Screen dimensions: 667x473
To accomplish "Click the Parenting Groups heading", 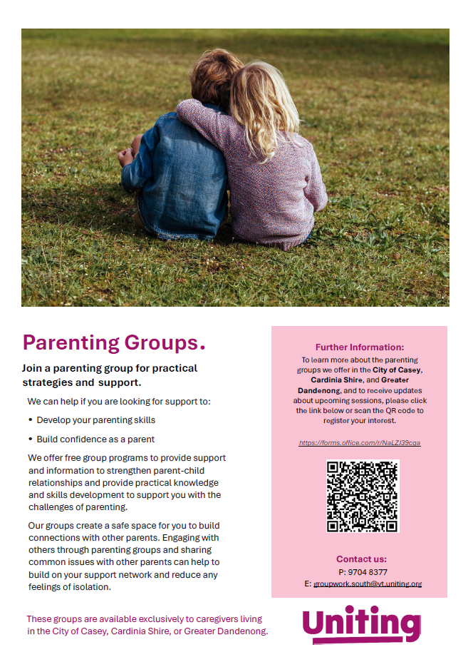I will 114,343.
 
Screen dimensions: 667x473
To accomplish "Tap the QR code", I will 362,496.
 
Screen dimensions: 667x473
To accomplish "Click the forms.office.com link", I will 360,443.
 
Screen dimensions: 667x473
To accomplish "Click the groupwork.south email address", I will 368,584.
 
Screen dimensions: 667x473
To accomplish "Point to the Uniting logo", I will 361,623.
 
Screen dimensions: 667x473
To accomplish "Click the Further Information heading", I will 359,347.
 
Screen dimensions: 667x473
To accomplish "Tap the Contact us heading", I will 361,559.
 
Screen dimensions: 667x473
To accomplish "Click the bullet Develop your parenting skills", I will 95,420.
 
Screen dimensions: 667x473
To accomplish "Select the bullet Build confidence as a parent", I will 95,439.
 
